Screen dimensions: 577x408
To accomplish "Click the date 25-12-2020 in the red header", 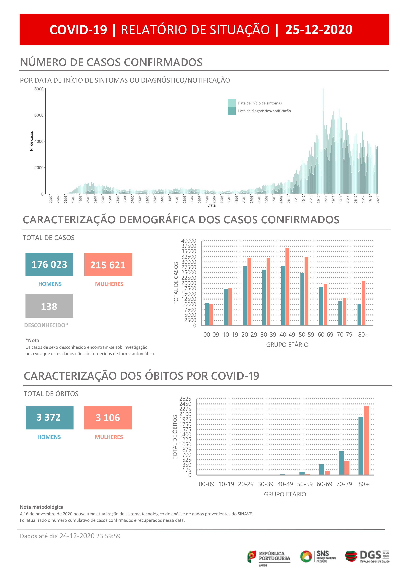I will click(x=319, y=30).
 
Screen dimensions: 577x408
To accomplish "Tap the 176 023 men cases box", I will click(x=49, y=265).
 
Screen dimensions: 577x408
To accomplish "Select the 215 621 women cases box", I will click(x=108, y=265).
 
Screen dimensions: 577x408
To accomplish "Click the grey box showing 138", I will click(x=49, y=306).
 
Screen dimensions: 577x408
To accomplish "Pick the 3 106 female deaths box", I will click(x=108, y=418).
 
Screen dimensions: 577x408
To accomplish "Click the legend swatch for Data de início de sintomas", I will click(x=231, y=103).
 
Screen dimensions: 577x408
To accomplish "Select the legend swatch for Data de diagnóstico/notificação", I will click(x=231, y=111).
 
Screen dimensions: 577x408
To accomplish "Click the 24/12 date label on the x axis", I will click(x=378, y=199).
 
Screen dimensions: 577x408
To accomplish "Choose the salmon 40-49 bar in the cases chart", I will click(x=287, y=287).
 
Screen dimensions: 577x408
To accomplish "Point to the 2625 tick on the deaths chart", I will click(x=185, y=399).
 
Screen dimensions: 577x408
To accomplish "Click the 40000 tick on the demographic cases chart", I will click(x=188, y=241).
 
